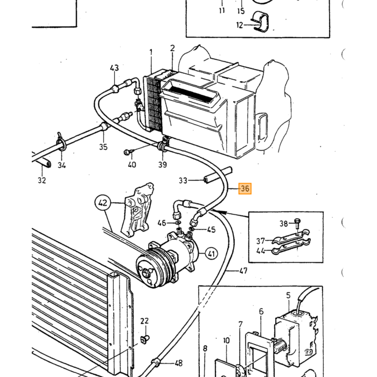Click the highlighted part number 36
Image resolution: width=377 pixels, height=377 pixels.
click(245, 188)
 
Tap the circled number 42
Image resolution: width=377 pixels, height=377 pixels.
click(103, 203)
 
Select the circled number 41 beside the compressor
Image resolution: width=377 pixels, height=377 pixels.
click(211, 254)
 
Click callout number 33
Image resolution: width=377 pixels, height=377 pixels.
click(183, 180)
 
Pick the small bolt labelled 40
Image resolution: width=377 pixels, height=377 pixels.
click(127, 152)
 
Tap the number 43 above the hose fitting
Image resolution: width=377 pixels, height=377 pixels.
click(114, 68)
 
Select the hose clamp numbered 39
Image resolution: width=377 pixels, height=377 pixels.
click(163, 146)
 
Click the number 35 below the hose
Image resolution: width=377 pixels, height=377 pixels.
click(103, 146)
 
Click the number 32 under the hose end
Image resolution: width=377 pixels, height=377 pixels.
click(42, 180)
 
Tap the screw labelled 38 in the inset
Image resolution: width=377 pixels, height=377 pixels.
click(298, 224)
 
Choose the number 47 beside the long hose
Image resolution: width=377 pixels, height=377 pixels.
click(243, 271)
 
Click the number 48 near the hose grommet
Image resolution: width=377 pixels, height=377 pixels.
click(178, 363)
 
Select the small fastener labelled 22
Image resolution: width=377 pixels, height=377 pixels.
click(144, 339)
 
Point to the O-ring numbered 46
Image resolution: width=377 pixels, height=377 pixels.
click(178, 222)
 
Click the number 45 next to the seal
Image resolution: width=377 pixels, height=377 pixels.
click(211, 229)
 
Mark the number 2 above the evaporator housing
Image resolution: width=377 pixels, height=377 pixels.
click(172, 48)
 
